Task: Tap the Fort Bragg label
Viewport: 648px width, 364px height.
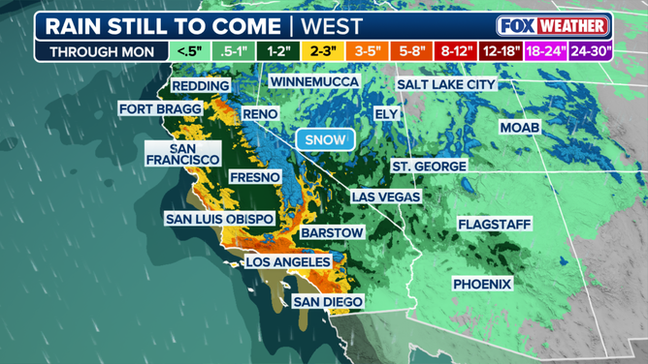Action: click(161, 109)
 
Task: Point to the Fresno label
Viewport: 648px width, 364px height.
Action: click(255, 177)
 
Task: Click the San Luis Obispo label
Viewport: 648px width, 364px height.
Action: click(219, 219)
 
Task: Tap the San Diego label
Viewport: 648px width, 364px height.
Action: click(329, 302)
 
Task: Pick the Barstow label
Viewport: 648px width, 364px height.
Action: click(332, 233)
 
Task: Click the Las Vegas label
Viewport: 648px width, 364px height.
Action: click(386, 197)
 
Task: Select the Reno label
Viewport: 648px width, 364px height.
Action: click(260, 114)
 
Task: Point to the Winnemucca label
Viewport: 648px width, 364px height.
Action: click(313, 82)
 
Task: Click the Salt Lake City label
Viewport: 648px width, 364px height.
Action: click(446, 85)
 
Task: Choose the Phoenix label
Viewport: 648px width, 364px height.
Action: click(482, 284)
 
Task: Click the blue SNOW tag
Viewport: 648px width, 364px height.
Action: click(325, 139)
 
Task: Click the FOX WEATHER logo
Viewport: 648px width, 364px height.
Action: click(553, 25)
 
